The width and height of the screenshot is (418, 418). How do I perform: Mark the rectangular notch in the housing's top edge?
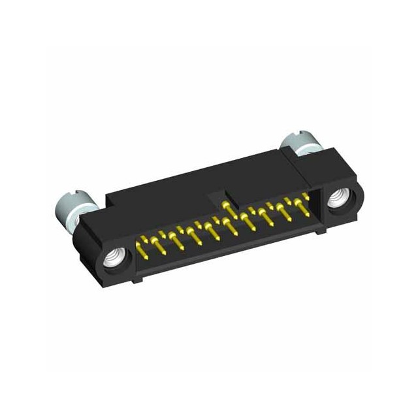[217, 197]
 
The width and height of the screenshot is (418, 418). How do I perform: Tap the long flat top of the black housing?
[196, 176]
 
